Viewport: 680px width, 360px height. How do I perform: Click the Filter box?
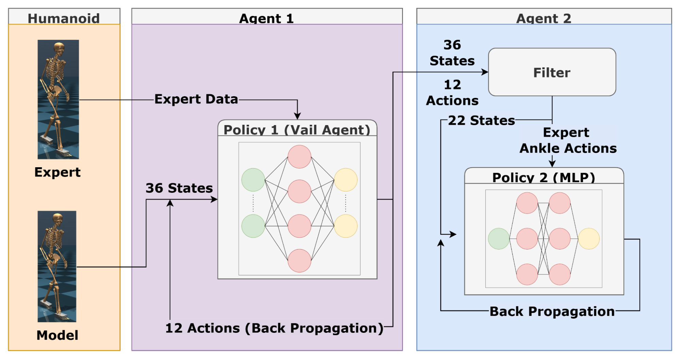tap(552, 72)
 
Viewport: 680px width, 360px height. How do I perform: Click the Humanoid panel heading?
tap(64, 18)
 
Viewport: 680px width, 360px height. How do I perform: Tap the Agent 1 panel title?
tap(266, 18)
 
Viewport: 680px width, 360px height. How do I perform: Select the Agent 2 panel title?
tap(544, 18)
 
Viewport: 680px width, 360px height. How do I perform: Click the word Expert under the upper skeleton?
tap(57, 172)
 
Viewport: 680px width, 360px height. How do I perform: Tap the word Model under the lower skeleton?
tap(57, 335)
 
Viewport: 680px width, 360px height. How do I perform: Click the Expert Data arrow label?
tap(196, 99)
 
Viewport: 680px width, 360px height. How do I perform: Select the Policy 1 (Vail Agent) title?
tap(297, 130)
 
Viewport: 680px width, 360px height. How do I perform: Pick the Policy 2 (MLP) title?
tap(544, 177)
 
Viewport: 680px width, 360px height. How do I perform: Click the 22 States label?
tap(481, 120)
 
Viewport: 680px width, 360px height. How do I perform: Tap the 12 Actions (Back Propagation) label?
tap(274, 328)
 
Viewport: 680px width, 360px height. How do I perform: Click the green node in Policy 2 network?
tap(498, 239)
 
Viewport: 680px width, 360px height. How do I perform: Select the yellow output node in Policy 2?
tap(588, 239)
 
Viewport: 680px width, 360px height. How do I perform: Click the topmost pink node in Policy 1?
tap(299, 157)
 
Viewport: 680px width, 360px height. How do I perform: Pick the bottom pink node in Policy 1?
tap(299, 261)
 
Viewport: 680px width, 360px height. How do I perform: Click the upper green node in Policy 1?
tap(253, 179)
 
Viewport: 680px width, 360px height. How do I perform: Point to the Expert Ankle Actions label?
tap(567, 140)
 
